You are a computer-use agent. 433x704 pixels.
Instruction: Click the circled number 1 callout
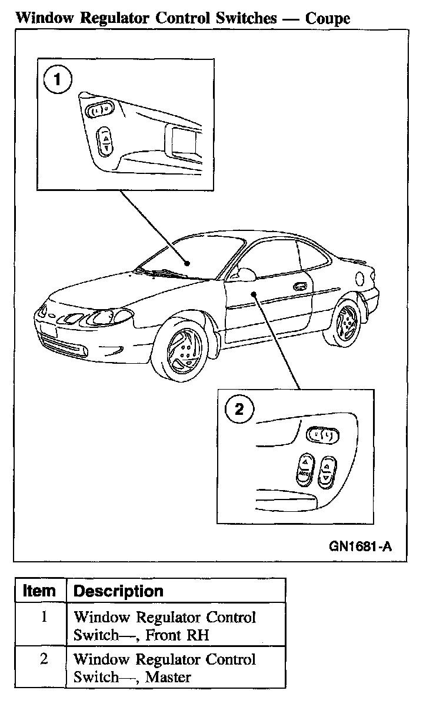click(58, 81)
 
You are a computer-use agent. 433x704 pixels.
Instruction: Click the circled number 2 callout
click(239, 410)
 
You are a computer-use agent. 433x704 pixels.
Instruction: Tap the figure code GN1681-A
click(360, 547)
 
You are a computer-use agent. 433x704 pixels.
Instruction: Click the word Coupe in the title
click(327, 18)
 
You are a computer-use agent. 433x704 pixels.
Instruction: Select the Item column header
click(39, 591)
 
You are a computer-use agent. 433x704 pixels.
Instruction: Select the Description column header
click(118, 591)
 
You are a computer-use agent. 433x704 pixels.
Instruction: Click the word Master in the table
click(168, 677)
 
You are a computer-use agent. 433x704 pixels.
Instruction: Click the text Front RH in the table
click(177, 635)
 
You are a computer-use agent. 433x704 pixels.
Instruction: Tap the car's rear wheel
click(345, 324)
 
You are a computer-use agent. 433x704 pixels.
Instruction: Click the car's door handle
click(300, 286)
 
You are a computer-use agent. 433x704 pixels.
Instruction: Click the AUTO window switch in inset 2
click(304, 468)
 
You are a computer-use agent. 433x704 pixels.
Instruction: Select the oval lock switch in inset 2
click(323, 435)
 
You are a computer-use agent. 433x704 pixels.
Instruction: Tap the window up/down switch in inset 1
click(105, 141)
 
